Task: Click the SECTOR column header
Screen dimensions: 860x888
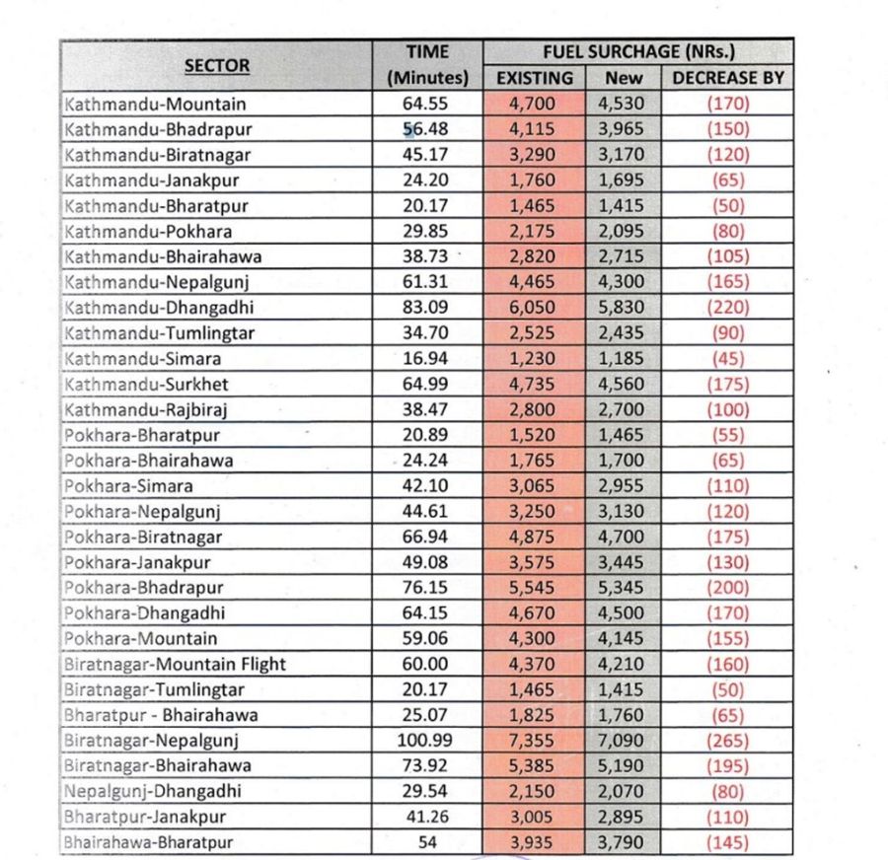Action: (x=216, y=66)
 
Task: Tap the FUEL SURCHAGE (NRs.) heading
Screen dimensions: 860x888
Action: (x=638, y=52)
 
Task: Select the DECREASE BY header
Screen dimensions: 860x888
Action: (x=727, y=78)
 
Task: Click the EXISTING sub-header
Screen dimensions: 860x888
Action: (x=534, y=78)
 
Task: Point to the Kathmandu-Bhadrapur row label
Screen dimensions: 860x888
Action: (x=158, y=129)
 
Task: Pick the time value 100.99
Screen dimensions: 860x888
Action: (x=427, y=740)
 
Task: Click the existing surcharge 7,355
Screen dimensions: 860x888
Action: (x=533, y=740)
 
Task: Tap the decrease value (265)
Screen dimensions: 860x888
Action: (x=727, y=740)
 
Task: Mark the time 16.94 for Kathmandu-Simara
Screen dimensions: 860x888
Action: (x=427, y=359)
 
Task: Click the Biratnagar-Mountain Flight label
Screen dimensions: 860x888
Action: (x=175, y=664)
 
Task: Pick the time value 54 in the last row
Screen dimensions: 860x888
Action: (x=427, y=842)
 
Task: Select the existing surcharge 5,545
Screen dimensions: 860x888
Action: (x=533, y=588)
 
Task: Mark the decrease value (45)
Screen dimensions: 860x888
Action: (x=727, y=359)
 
